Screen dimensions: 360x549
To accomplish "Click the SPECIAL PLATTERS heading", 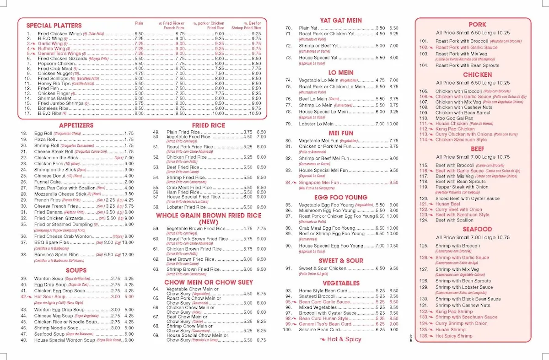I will tap(54, 26).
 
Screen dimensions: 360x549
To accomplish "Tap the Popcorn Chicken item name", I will tap(56, 64).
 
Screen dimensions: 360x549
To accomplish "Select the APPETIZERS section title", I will tap(76, 125).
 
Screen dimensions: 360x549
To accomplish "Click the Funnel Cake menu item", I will tap(48, 182).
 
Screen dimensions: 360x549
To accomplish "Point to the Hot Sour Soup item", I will tap(50, 296).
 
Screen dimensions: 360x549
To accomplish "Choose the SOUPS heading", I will tap(76, 270).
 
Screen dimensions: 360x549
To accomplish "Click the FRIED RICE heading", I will tap(208, 125).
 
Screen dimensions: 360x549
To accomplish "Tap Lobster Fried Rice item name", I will tap(186, 207).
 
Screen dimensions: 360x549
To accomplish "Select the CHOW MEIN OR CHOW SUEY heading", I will tap(208, 282).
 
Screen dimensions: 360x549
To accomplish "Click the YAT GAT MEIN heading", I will tap(341, 21).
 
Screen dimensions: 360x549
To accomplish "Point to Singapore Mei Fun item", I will tap(319, 183).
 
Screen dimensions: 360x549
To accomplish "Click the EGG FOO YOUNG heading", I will tap(341, 198).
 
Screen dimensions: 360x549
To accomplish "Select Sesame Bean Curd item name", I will tap(319, 330).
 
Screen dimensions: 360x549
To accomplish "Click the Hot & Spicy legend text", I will tap(344, 339).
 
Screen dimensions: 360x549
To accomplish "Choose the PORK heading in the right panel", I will tap(477, 25).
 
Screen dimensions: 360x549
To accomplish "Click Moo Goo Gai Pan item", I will tap(454, 118).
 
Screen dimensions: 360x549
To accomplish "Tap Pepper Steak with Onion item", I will tap(462, 187).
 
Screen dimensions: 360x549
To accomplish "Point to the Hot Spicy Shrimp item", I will tap(454, 336).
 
